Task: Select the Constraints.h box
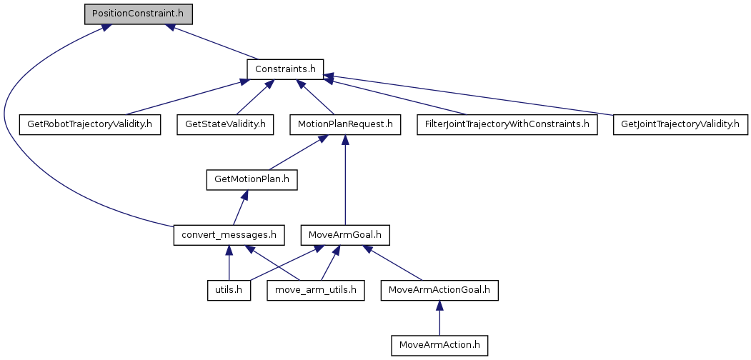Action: [285, 69]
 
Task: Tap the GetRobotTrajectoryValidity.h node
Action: [89, 124]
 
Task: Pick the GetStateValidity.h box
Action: [225, 124]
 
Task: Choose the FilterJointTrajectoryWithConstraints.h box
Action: [507, 124]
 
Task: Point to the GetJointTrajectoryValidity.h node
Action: [680, 124]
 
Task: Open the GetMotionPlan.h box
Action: [252, 179]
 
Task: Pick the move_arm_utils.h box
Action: [315, 291]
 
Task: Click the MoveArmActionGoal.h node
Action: [439, 291]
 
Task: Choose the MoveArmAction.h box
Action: [439, 346]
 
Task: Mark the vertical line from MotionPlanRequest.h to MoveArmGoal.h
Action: [346, 182]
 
